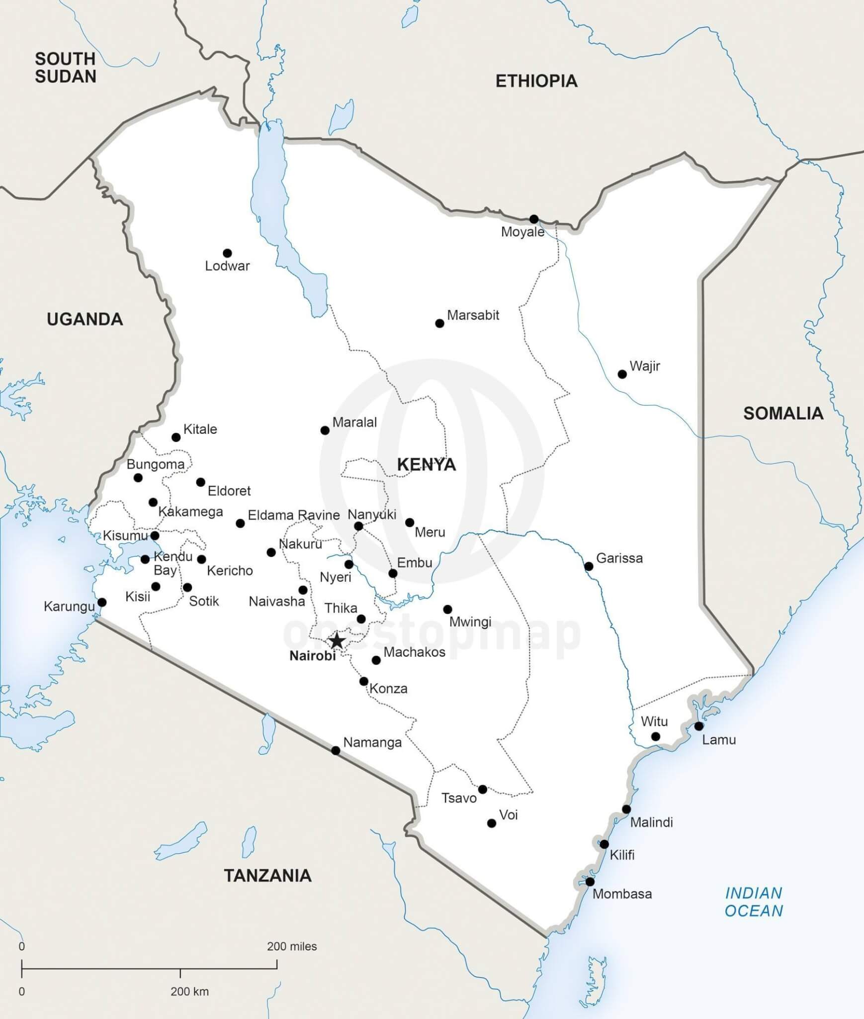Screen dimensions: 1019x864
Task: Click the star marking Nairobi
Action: point(337,641)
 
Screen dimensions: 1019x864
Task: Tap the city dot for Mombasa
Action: point(590,882)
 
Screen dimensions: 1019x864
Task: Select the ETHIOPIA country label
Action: point(536,81)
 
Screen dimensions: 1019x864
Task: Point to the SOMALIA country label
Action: point(783,413)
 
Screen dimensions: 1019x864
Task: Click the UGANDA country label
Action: point(85,319)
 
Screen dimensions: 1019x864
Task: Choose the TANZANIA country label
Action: point(267,876)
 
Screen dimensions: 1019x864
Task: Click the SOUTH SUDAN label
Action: point(65,68)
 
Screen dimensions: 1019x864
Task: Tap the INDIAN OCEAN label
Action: point(754,902)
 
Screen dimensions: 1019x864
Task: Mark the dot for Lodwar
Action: point(227,253)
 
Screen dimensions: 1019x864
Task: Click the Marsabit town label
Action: point(473,315)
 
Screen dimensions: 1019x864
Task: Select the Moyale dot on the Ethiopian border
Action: point(534,219)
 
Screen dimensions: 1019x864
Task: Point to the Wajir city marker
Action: point(622,374)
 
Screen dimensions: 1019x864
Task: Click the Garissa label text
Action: point(619,558)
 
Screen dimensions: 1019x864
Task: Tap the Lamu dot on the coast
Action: point(698,726)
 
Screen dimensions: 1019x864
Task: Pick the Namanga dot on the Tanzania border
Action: point(336,750)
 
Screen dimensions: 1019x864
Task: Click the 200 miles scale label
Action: point(291,946)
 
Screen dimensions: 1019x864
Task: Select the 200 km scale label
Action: point(189,991)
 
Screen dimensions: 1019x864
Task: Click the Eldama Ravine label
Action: point(293,515)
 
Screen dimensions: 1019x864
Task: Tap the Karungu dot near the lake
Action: point(102,603)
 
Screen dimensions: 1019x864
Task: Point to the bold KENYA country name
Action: point(426,465)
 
